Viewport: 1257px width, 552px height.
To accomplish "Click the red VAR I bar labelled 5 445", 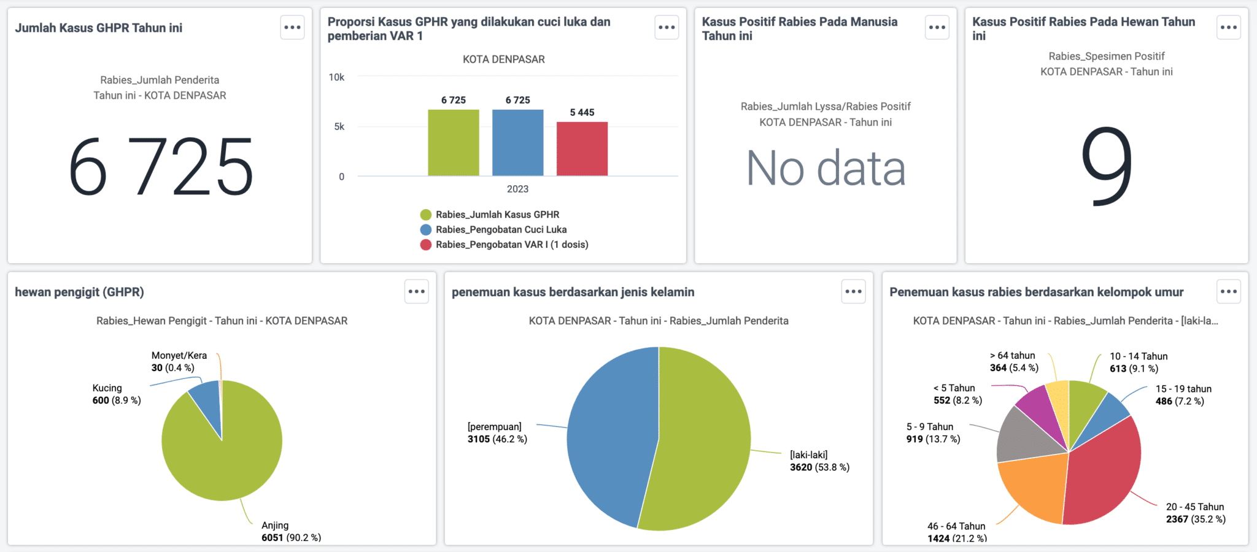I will point(582,148).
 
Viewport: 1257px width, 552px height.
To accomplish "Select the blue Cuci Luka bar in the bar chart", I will point(517,142).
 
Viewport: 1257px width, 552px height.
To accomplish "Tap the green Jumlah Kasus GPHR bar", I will point(453,142).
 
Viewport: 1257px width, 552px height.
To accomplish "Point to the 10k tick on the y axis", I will point(336,77).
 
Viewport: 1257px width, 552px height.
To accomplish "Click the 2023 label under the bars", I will point(517,189).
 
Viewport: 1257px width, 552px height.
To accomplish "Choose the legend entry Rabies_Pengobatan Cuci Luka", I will point(501,229).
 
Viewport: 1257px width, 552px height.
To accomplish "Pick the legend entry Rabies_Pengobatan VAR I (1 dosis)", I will point(511,245).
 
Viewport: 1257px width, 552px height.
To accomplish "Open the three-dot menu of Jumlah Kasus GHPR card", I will point(292,28).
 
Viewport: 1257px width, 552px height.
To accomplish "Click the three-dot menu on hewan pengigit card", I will point(416,291).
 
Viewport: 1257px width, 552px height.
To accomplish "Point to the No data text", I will point(826,168).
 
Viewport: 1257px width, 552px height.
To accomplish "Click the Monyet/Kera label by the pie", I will point(179,356).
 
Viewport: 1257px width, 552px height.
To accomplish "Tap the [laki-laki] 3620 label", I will point(819,461).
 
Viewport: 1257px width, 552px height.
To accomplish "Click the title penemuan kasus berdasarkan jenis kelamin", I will point(573,292).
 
